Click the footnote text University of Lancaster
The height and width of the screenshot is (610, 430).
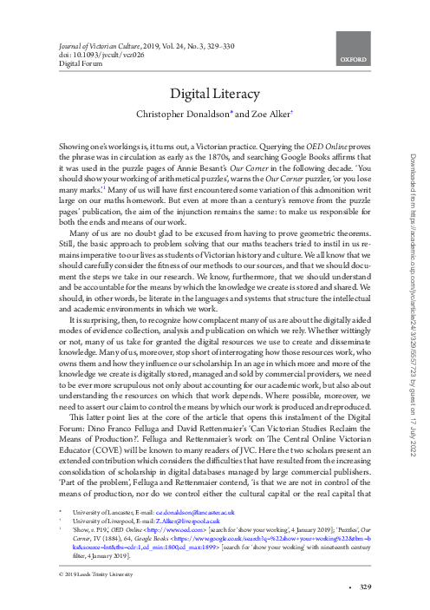[95, 514]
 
